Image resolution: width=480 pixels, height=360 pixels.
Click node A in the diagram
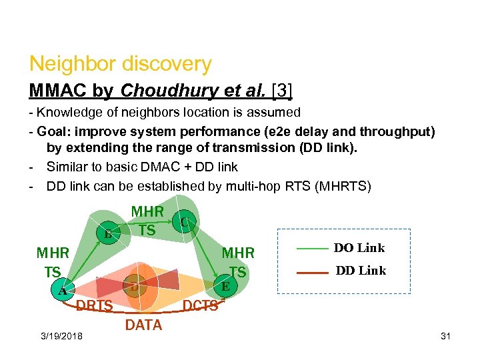(61, 291)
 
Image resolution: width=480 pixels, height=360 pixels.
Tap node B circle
(107, 233)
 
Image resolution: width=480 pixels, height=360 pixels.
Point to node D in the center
(135, 287)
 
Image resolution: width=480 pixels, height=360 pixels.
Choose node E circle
(226, 286)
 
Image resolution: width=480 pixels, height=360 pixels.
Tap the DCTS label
(201, 305)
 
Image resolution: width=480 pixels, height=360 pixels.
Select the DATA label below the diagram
(143, 325)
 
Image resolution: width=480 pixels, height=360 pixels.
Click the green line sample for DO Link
(311, 248)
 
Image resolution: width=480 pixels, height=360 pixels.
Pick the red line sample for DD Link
(311, 272)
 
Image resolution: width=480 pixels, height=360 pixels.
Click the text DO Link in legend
(359, 248)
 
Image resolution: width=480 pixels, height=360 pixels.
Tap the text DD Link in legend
(361, 271)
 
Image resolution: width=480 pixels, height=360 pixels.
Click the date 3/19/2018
(61, 335)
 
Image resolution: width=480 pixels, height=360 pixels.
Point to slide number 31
(445, 335)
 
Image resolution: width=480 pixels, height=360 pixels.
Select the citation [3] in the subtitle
(278, 89)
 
